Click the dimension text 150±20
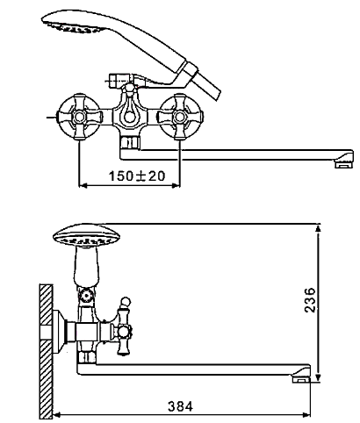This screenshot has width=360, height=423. (137, 176)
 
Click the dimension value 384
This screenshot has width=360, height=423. (181, 406)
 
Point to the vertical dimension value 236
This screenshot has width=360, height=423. (310, 300)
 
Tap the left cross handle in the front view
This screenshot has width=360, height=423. (78, 117)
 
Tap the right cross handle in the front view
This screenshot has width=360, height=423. (179, 117)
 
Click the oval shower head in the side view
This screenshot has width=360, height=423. (87, 236)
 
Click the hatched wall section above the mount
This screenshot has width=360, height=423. (46, 305)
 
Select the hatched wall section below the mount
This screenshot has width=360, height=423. (46, 380)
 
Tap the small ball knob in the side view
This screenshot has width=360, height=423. (126, 301)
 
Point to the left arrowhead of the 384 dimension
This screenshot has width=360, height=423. (57, 414)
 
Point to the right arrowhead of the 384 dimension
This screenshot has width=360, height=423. (306, 414)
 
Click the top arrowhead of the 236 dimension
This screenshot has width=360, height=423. (318, 228)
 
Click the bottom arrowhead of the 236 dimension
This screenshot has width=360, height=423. (318, 377)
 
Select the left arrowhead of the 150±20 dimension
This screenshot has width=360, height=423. (83, 185)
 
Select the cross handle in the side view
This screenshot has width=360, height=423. (123, 331)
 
